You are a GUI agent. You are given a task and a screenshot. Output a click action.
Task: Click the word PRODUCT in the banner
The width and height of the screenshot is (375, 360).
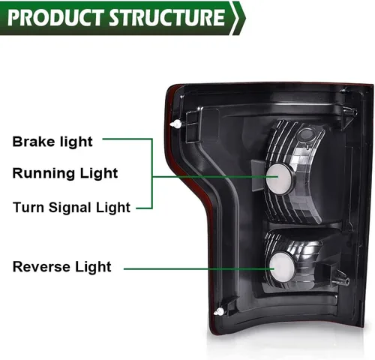[x=55, y=17]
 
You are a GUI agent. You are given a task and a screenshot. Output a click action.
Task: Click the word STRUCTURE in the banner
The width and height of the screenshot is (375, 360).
[x=167, y=17]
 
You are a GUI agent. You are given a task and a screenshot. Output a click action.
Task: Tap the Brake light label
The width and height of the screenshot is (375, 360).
[x=52, y=142]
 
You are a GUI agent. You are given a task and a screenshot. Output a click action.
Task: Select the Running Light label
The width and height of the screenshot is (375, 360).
[x=65, y=173]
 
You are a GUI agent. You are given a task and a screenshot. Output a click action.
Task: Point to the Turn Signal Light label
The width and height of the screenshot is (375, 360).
[x=71, y=208]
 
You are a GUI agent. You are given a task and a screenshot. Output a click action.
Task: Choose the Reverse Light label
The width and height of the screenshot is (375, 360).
[x=61, y=267]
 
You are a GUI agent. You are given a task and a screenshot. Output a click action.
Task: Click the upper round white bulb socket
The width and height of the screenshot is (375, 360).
[x=279, y=178]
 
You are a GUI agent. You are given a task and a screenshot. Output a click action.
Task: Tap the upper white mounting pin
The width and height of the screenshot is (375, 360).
[x=176, y=124]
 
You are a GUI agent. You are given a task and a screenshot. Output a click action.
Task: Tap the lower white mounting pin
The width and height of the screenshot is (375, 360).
[x=219, y=312]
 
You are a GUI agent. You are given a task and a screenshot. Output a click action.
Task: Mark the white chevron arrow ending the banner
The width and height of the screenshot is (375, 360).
[x=238, y=18]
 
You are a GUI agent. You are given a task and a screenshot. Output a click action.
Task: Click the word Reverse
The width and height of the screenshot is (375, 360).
[x=41, y=266]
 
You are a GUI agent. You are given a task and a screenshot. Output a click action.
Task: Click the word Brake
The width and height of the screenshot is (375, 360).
[x=30, y=141]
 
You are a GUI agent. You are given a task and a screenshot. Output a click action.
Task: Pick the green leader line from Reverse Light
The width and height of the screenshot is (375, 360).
[x=199, y=269]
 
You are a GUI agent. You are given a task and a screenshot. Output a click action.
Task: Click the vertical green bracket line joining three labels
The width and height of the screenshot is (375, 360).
[x=151, y=173]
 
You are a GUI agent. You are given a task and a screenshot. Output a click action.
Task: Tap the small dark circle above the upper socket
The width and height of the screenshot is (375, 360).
[x=307, y=134]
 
